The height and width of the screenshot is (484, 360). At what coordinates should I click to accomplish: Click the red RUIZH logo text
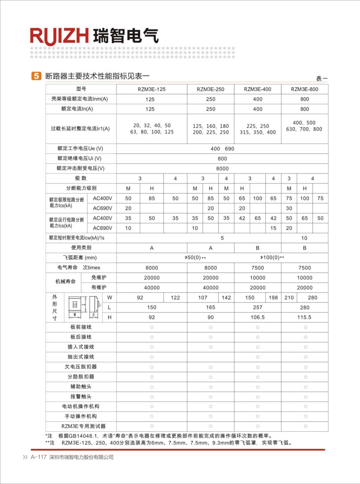(59, 36)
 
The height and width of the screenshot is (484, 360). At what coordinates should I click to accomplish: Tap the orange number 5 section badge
(36, 76)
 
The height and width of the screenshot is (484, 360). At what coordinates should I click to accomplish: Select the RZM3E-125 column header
(152, 89)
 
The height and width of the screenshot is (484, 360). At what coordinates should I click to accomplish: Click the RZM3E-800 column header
(305, 89)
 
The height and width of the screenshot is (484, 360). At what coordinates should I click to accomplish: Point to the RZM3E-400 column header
(257, 89)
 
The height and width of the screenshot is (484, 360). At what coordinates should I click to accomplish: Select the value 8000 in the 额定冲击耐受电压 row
(222, 168)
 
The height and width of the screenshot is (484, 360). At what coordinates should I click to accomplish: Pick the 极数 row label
(81, 178)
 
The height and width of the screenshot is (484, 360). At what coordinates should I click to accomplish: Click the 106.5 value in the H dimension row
(257, 317)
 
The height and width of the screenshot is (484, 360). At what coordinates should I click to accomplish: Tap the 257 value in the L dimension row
(257, 307)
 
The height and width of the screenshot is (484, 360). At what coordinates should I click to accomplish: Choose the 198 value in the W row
(273, 297)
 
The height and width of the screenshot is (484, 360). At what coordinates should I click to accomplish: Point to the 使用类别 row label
(81, 248)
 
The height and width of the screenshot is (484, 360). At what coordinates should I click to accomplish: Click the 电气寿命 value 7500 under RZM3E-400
(257, 268)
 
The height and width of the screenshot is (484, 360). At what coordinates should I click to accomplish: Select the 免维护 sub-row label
(99, 277)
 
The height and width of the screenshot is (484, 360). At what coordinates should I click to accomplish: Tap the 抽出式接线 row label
(81, 357)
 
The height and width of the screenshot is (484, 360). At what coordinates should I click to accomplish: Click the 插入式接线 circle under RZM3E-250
(211, 347)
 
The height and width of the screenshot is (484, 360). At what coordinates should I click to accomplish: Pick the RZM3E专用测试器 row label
(83, 426)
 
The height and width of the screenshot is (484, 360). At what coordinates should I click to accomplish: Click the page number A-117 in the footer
(39, 457)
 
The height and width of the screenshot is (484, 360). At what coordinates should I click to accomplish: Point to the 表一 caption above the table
(321, 78)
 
